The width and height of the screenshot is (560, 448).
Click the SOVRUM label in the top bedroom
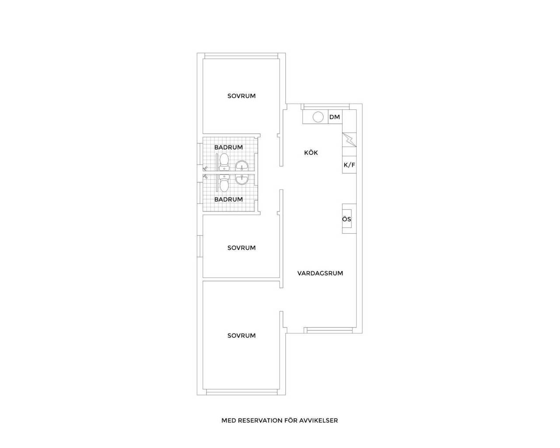[241, 96]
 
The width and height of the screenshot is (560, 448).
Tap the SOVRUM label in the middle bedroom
[241, 248]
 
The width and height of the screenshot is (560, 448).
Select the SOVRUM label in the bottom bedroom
[241, 336]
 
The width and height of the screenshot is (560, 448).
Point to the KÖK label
[311, 152]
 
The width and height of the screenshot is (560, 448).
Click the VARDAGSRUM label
[320, 273]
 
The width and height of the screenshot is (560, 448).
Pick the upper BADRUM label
[228, 147]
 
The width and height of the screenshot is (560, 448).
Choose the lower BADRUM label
[228, 199]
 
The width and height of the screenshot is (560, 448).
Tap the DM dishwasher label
[335, 117]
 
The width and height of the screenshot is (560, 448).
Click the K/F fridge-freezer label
[349, 165]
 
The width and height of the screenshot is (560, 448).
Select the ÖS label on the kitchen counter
[346, 219]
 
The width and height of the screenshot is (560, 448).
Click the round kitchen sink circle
[318, 117]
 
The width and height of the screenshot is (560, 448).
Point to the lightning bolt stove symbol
[349, 140]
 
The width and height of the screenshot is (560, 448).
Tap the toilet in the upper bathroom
[224, 162]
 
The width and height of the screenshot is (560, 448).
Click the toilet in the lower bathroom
[224, 183]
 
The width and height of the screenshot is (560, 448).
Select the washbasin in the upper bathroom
[242, 166]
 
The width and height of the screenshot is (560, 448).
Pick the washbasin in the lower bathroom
[242, 179]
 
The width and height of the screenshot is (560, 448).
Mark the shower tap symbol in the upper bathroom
[205, 168]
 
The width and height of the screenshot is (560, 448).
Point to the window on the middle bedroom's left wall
[200, 246]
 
